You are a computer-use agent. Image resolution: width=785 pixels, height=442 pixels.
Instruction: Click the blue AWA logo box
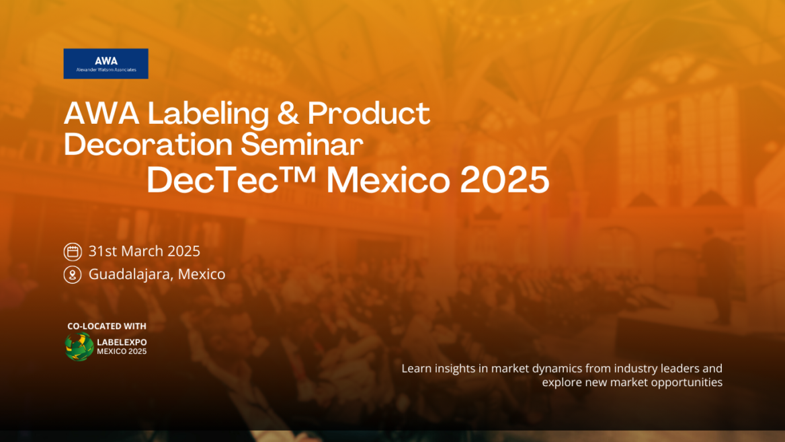click(106, 64)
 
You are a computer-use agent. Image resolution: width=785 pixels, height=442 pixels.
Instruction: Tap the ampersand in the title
click(288, 114)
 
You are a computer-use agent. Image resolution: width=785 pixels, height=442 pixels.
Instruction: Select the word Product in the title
click(369, 114)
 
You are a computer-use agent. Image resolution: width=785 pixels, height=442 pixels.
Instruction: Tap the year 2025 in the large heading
click(505, 180)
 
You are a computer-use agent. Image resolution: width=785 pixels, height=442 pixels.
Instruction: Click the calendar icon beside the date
click(73, 252)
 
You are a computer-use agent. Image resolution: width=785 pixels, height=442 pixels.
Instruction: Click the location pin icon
click(73, 274)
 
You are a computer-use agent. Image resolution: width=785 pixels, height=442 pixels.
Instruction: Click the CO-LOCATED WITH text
click(107, 326)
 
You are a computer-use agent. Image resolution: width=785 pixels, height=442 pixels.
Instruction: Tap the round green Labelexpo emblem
click(79, 346)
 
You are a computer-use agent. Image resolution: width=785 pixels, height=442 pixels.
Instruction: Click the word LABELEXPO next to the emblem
click(122, 342)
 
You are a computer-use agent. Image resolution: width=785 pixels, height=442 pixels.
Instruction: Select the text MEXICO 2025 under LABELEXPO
click(122, 351)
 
